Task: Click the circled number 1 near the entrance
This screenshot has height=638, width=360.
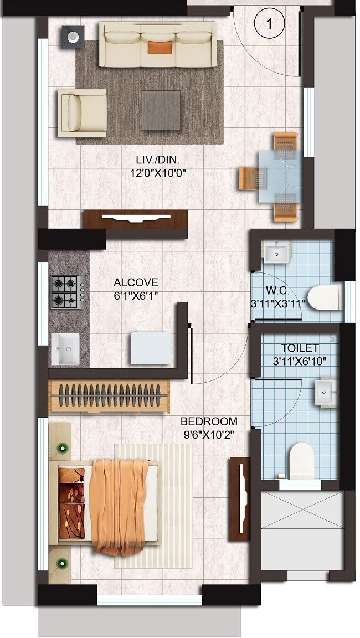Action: coord(269,24)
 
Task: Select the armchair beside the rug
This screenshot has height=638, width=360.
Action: coord(82,113)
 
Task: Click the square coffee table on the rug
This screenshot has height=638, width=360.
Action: coord(161,110)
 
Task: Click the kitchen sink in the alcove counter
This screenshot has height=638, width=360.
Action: coord(65,349)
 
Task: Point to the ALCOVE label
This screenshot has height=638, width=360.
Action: coord(136,282)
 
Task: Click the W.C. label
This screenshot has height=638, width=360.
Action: coord(275,290)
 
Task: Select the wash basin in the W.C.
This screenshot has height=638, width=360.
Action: coord(276,253)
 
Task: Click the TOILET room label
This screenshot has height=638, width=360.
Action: coord(300,348)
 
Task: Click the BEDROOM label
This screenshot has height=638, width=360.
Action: coord(209,421)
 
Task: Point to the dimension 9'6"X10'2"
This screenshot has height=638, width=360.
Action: coord(209,435)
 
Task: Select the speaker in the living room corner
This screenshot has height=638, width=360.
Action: coord(73,37)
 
